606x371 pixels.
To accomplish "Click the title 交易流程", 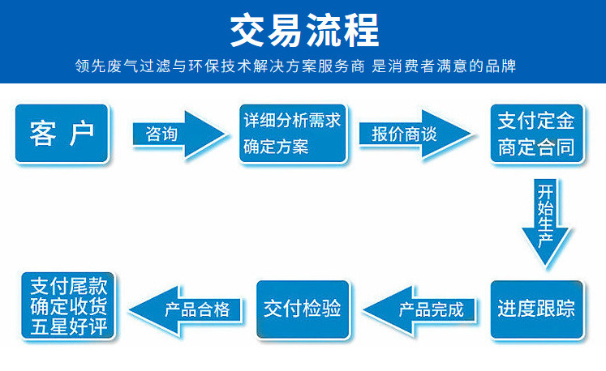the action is [x=304, y=30].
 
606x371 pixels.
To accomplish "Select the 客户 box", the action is [x=62, y=133].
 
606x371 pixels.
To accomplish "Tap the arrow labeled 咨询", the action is [x=178, y=134].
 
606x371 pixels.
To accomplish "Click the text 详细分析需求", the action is [x=292, y=120].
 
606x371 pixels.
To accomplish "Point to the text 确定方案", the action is [x=276, y=147].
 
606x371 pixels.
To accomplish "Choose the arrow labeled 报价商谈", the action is [x=415, y=134].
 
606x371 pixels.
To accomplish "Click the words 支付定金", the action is [x=536, y=121].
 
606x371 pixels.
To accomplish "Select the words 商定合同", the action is [x=536, y=147].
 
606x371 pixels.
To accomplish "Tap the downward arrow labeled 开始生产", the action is [x=545, y=222].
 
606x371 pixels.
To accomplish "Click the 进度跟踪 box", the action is [x=536, y=309].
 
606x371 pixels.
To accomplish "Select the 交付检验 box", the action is [x=303, y=309].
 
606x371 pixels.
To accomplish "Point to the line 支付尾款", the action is [x=69, y=286].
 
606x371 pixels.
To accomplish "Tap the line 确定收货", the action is [x=69, y=306].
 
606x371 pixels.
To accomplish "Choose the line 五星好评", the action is [x=69, y=326].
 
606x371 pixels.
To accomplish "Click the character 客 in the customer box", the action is [x=43, y=134].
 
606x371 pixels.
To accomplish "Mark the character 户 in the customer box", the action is [x=82, y=134].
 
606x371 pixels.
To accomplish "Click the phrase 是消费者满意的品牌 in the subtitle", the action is [x=444, y=66].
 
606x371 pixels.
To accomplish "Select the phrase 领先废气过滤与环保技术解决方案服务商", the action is [x=220, y=66].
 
